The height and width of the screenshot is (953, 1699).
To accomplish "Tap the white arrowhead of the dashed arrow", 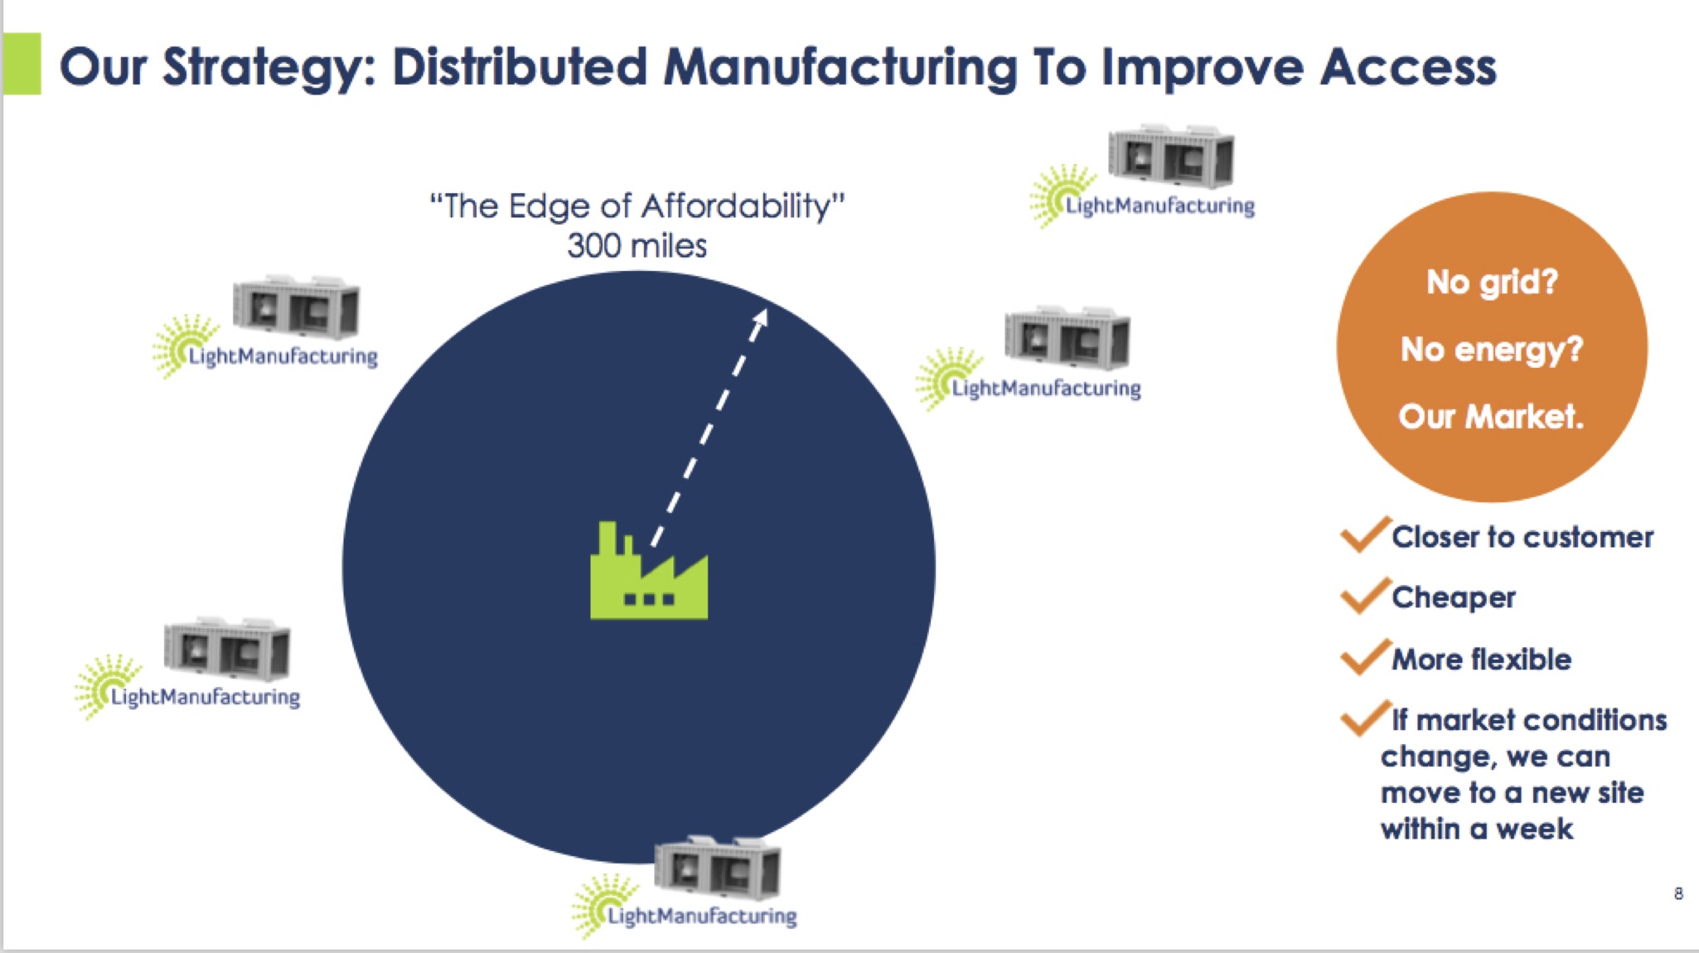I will (x=761, y=319).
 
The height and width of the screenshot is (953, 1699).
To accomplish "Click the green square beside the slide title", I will (x=22, y=64).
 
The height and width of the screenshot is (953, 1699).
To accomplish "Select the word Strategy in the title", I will (x=269, y=68).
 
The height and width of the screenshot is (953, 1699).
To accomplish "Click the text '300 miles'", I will (x=637, y=246).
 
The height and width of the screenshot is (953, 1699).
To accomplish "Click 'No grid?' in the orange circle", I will (x=1492, y=282).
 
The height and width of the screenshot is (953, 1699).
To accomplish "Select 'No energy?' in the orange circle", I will (x=1492, y=349).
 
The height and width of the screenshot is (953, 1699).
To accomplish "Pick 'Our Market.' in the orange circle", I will (x=1491, y=416).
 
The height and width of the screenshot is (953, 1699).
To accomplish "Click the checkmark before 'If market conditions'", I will (x=1364, y=718).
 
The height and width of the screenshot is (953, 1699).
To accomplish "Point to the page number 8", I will (x=1678, y=893).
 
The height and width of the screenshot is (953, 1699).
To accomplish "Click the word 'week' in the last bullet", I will (x=1534, y=829).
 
